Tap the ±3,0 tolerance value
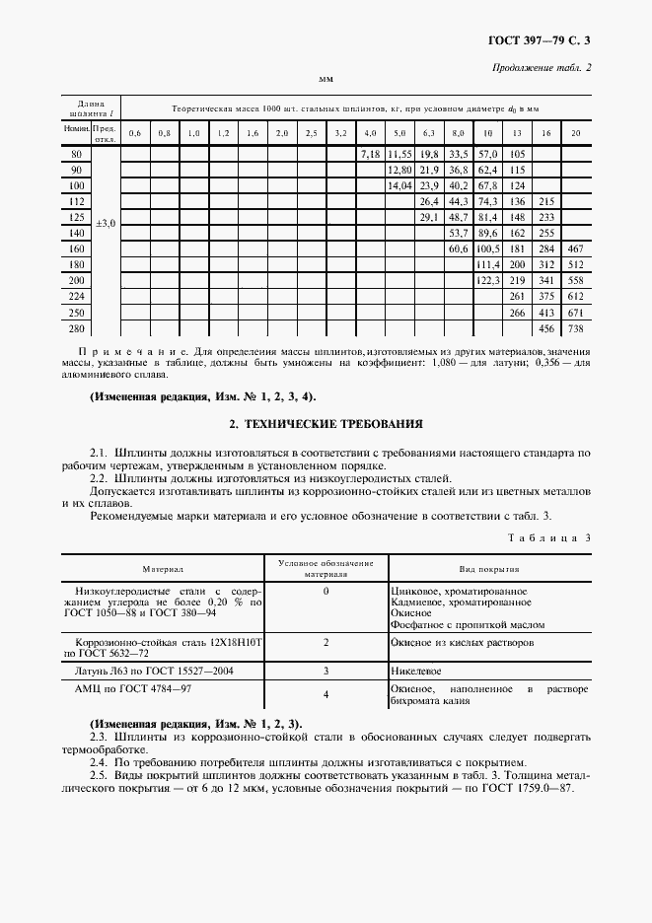coord(105,224)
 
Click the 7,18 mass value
coord(370,155)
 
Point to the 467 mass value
coord(577,249)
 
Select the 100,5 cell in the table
coord(487,249)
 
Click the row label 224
coord(76,296)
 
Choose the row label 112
coord(76,201)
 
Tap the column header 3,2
coord(340,133)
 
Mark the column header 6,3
coord(428,133)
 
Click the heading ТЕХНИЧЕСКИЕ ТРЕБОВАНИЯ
coord(326,424)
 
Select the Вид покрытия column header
coord(489,569)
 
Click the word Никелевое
coord(419,670)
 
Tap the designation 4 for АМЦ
coord(326,694)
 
